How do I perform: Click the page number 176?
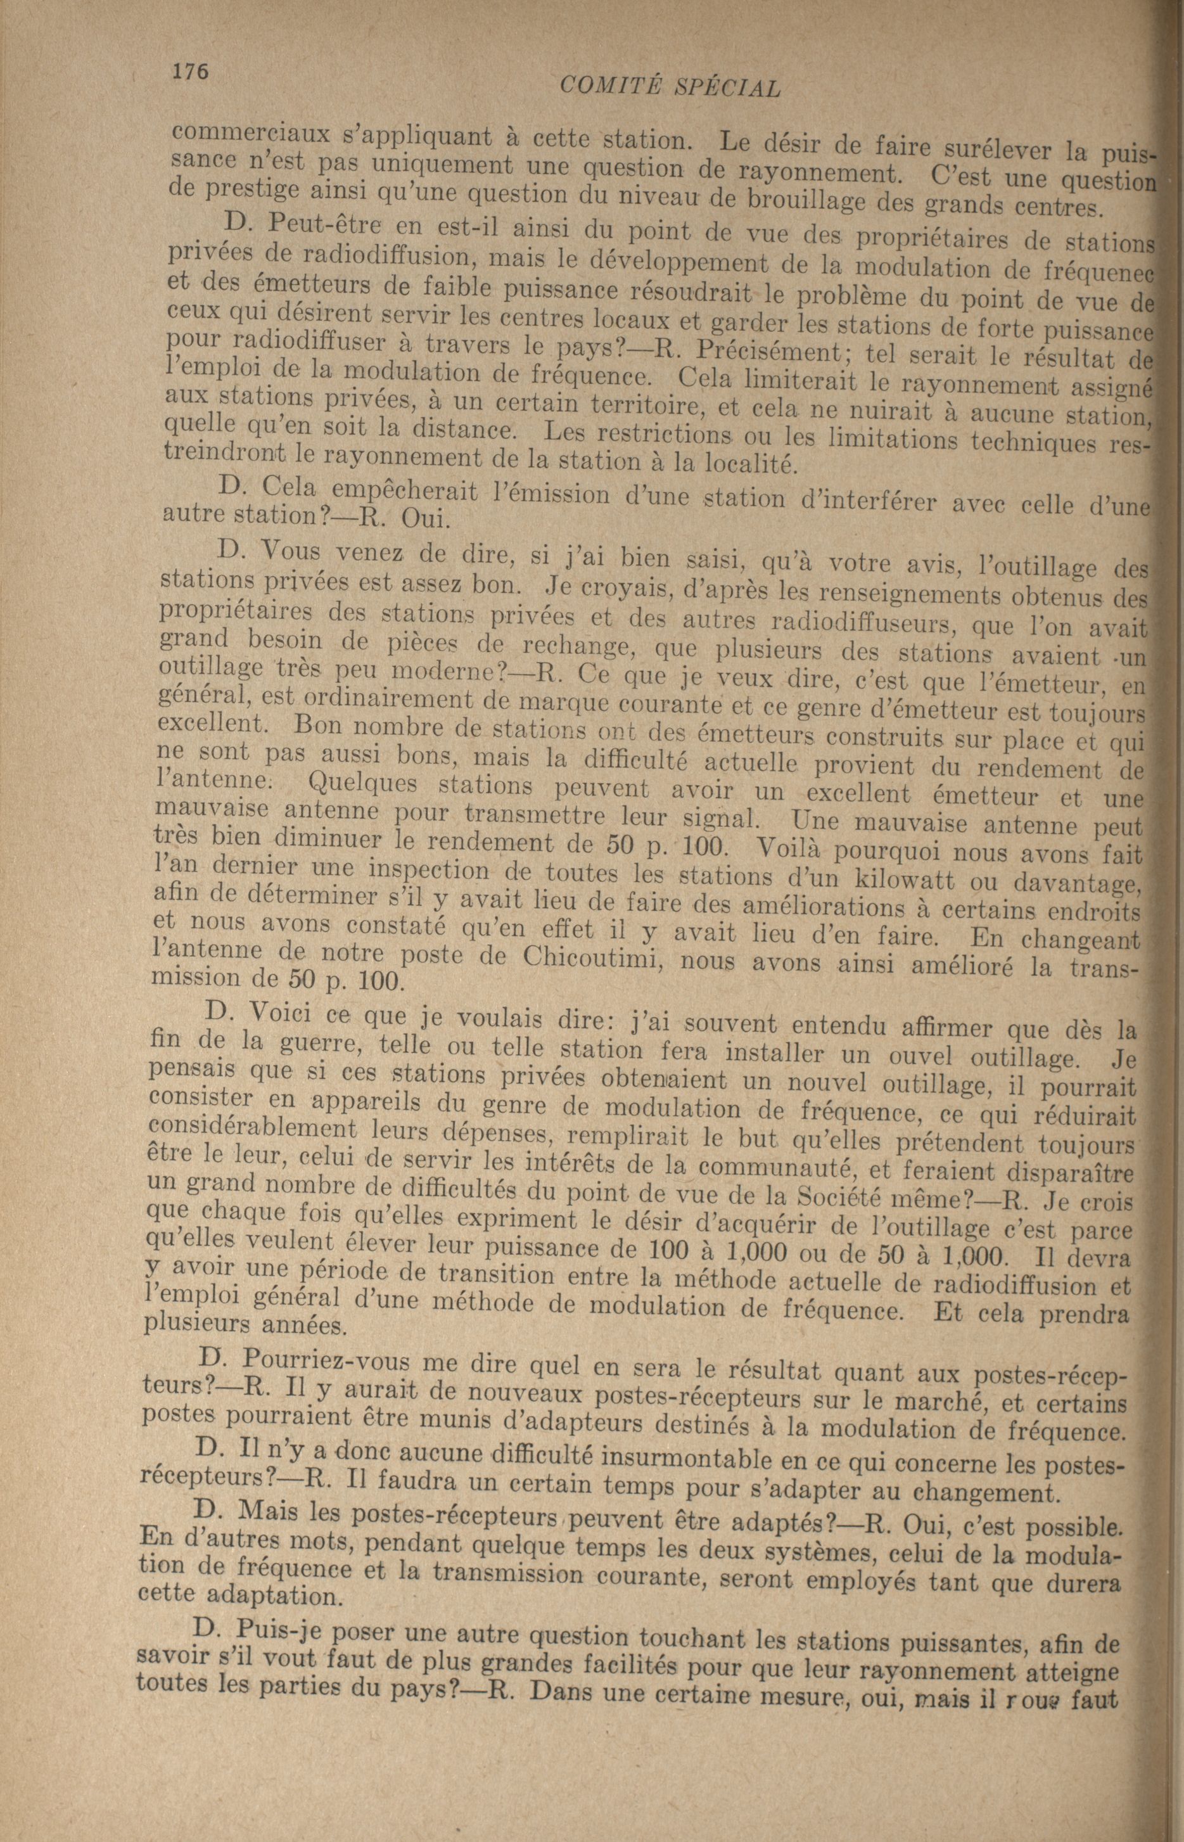click(190, 71)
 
